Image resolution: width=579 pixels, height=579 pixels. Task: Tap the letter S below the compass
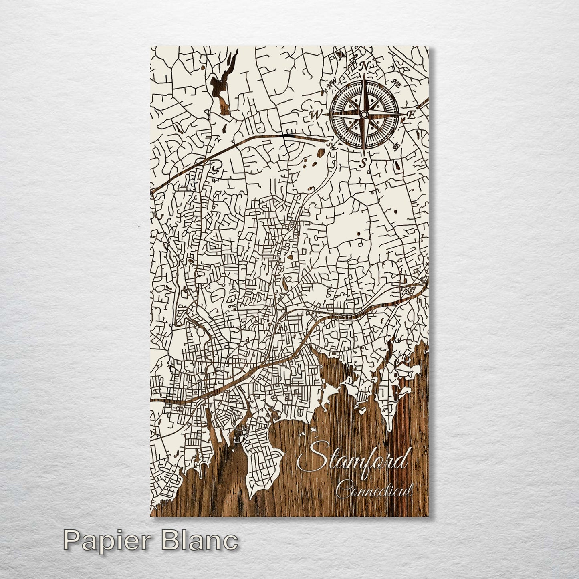coord(363,163)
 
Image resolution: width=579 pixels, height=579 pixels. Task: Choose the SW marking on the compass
coord(331,147)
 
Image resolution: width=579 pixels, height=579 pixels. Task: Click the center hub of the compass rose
coord(363,115)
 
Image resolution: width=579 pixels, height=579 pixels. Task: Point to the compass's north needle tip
coord(364,75)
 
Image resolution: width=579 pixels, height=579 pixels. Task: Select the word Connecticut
coord(374,490)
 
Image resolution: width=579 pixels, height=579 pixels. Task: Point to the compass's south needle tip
coord(364,154)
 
